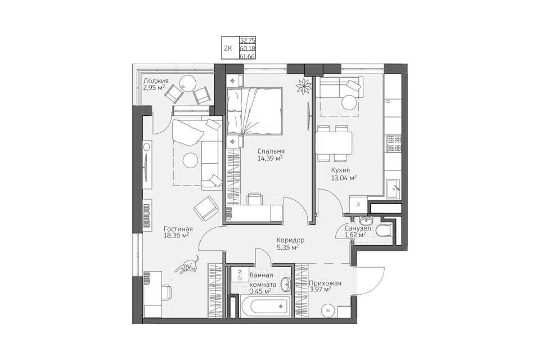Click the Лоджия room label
point(156,81)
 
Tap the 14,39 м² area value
point(270,158)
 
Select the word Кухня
point(340,170)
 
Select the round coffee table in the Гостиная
point(191,160)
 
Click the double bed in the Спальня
point(254,111)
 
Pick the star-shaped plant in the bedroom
point(304,85)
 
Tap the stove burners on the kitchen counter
point(394,143)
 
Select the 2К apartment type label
point(228,48)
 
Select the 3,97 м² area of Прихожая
point(321,290)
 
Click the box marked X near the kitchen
point(358,204)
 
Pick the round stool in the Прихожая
point(328,310)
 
